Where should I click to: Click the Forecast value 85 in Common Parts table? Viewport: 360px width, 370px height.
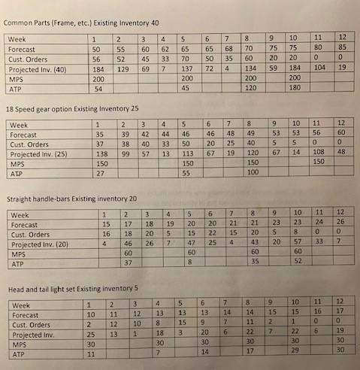click(342, 47)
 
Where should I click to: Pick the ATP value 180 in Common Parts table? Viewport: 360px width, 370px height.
click(295, 87)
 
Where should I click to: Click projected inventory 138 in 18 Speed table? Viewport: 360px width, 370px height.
click(98, 153)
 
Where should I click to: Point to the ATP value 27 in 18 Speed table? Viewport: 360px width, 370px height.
click(96, 173)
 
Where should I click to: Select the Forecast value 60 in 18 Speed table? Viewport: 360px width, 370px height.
click(343, 133)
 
